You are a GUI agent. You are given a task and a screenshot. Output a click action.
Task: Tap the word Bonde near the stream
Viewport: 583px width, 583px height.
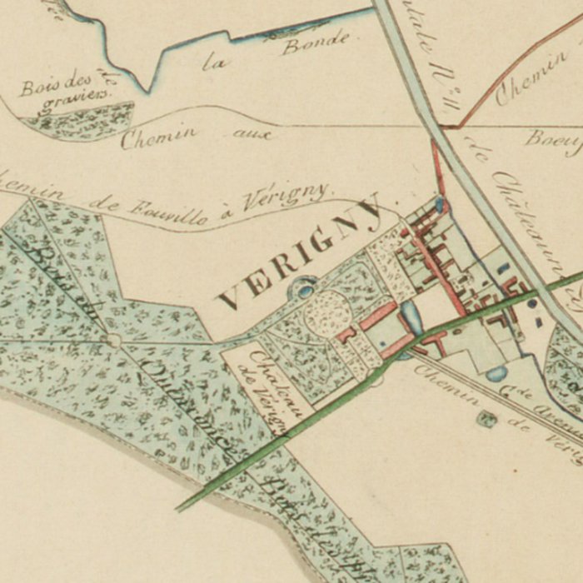pyautogui.click(x=314, y=42)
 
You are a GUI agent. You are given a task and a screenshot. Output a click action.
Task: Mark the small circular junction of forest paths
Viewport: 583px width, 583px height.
pyautogui.click(x=114, y=339)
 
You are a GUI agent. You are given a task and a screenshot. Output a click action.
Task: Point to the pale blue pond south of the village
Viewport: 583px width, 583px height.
pyautogui.click(x=496, y=374)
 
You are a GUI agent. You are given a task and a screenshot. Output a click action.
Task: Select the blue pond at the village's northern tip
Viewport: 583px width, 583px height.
pyautogui.click(x=441, y=203)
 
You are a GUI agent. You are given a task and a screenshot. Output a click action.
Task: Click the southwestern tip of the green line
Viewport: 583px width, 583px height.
pyautogui.click(x=178, y=509)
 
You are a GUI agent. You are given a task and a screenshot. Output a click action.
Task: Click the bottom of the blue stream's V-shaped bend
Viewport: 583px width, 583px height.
pyautogui.click(x=150, y=90)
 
